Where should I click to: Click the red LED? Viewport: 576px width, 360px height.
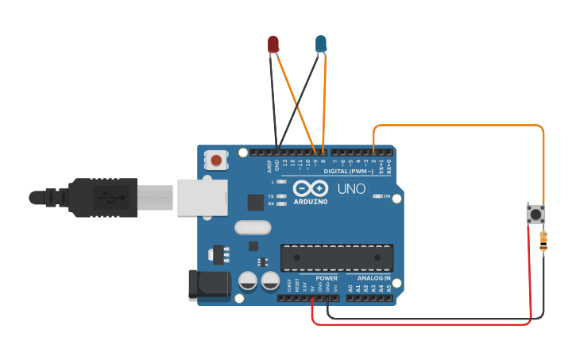(x=273, y=44)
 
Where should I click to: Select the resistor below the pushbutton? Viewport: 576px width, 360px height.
(x=543, y=241)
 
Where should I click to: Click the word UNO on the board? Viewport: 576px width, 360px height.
(x=352, y=189)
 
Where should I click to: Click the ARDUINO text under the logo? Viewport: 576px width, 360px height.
(x=310, y=201)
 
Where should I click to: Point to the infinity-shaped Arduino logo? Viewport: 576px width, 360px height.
(x=310, y=188)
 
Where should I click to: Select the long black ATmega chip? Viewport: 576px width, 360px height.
(x=337, y=257)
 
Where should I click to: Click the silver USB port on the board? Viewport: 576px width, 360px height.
(x=201, y=197)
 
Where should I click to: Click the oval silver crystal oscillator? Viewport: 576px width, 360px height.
(x=253, y=228)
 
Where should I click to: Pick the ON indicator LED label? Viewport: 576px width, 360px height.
(x=387, y=196)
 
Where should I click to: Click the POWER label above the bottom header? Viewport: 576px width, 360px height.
(x=327, y=279)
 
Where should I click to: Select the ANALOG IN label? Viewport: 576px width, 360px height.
(x=374, y=279)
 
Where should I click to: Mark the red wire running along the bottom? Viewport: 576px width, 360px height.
(x=421, y=324)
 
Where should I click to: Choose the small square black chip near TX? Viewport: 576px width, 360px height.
(x=255, y=202)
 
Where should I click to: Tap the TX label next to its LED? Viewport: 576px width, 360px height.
(x=271, y=195)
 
